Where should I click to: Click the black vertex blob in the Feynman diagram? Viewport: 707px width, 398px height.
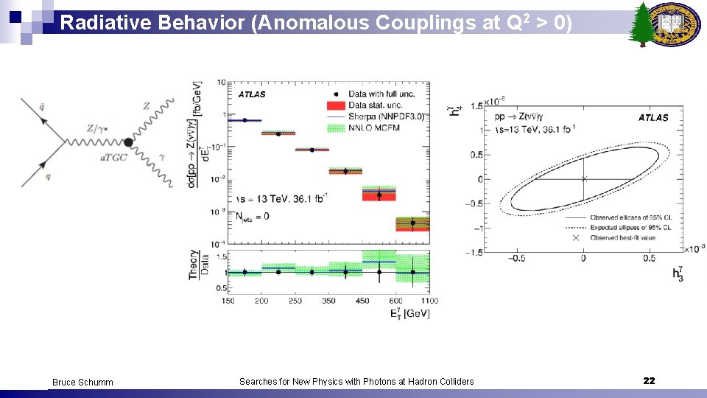(128, 142)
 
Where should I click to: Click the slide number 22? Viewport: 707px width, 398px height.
(649, 380)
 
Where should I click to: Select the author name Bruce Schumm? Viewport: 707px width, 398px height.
(82, 382)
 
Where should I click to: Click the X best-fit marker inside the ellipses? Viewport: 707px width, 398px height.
(584, 179)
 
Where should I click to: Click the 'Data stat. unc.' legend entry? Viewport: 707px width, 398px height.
(368, 105)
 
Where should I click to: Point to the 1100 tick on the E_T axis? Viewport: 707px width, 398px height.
(430, 301)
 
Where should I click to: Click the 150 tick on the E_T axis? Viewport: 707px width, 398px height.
(228, 301)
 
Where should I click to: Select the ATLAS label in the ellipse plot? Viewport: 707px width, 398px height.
(653, 117)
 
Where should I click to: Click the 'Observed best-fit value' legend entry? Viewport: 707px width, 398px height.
(622, 237)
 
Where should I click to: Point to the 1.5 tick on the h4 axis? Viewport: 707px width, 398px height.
(476, 106)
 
